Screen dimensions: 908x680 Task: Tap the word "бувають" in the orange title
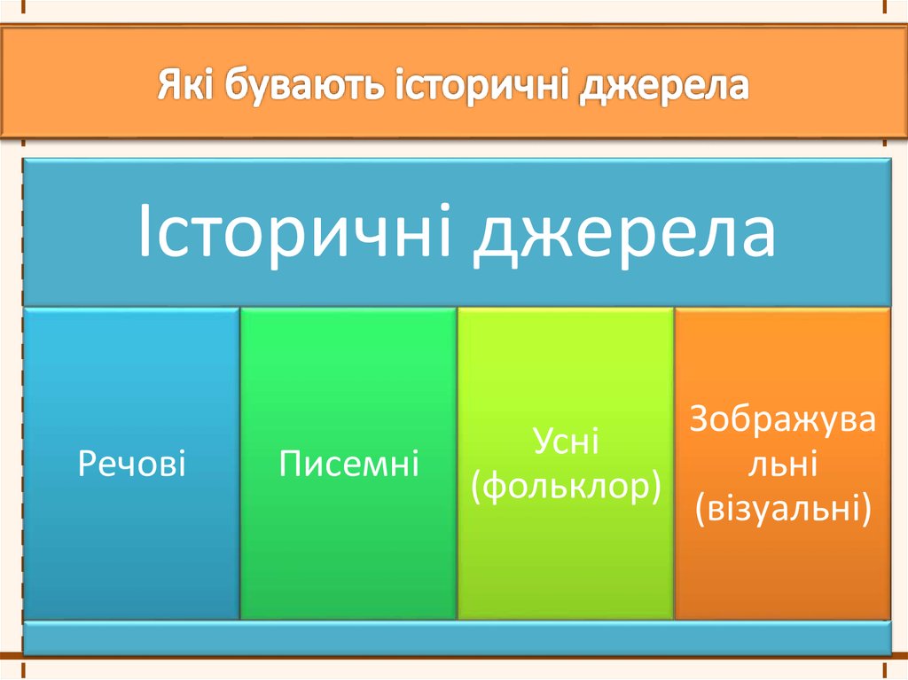(305, 86)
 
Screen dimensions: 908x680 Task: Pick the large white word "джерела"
(623, 234)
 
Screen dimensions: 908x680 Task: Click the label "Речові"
(132, 464)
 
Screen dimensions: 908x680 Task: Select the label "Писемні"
(348, 464)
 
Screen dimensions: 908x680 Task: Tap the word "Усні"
(566, 441)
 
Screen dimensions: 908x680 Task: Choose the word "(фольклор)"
(566, 487)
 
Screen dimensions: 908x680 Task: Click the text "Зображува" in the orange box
(782, 419)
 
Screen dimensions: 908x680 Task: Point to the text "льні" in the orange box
(782, 464)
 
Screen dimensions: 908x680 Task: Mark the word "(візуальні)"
(783, 508)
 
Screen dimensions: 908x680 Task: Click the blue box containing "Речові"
(131, 464)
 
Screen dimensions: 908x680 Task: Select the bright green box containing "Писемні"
(348, 464)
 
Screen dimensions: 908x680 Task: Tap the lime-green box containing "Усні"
(566, 464)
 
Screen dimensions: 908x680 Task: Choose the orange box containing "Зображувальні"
(783, 464)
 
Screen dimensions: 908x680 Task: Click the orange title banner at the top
(454, 82)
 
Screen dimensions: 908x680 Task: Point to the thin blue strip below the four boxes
(457, 637)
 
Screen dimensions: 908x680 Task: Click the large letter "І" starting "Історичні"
(144, 231)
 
